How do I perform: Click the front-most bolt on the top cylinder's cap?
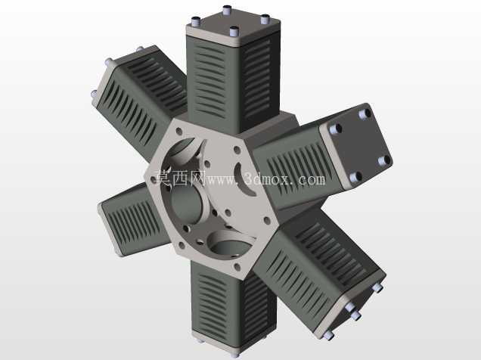234,31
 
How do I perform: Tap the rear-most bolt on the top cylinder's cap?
227,10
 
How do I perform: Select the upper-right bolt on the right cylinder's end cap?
365,113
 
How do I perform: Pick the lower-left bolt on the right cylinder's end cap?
355,177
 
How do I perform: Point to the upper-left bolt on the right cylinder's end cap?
336,129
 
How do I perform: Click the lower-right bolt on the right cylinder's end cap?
384,160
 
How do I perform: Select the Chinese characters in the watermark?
181,178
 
